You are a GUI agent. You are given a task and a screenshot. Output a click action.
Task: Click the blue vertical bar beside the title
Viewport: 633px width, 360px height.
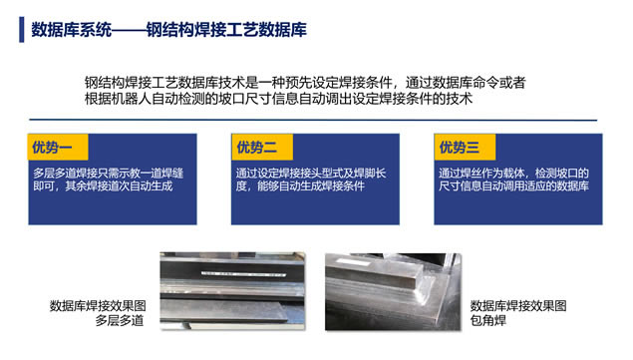click(x=21, y=30)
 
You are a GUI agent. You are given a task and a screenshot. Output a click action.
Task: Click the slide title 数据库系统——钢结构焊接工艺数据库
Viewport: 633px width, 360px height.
click(x=168, y=30)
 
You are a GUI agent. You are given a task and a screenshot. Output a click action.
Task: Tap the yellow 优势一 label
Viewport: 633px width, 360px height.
click(x=58, y=147)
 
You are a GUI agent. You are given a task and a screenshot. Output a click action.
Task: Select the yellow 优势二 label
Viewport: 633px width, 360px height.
click(x=262, y=147)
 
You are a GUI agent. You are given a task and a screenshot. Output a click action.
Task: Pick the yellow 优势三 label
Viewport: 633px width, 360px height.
click(x=465, y=147)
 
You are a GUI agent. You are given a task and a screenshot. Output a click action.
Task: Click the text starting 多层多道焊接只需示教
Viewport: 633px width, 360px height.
click(x=109, y=180)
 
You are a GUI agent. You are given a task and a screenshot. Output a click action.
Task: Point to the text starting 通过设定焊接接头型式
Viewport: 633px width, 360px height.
click(x=311, y=180)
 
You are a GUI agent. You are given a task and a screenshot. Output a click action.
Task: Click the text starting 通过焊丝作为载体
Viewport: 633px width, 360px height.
click(x=513, y=180)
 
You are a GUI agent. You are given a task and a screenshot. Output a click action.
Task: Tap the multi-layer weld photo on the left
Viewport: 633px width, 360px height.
click(x=232, y=291)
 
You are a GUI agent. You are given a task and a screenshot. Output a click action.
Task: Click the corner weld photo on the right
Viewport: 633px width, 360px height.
click(x=393, y=292)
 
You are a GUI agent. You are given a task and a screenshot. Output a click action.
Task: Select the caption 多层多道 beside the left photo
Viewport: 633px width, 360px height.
click(x=120, y=320)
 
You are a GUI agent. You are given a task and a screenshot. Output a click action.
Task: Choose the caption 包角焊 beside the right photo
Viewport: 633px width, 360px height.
click(x=488, y=320)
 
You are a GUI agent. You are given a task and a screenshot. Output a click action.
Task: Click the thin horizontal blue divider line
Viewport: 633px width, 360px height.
click(x=313, y=120)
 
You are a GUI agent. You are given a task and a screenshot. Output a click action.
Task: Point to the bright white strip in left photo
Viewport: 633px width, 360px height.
click(x=243, y=274)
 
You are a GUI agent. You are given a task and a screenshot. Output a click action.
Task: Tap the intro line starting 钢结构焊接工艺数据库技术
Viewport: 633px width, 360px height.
click(x=305, y=83)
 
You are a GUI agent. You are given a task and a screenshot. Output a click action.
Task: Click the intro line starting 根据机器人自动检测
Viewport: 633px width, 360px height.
click(x=278, y=99)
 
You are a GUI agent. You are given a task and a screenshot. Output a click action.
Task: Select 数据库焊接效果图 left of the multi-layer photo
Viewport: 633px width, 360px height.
click(x=98, y=306)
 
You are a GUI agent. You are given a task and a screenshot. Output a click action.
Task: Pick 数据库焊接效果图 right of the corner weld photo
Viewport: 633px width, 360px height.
click(x=518, y=306)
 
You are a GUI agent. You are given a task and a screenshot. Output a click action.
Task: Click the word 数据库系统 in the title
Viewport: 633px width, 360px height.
click(x=71, y=30)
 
